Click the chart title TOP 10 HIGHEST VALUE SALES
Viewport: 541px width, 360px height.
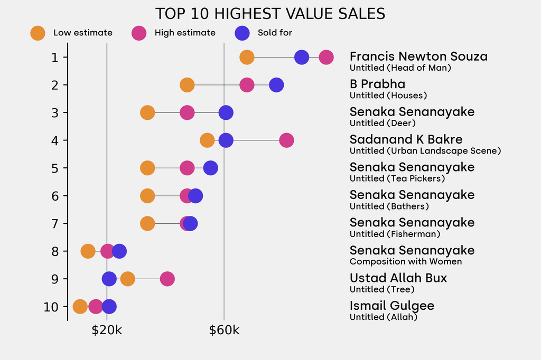point(270,14)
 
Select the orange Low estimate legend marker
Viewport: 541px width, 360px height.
point(38,33)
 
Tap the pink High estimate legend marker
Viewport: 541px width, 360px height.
point(139,33)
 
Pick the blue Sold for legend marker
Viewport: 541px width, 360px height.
point(241,33)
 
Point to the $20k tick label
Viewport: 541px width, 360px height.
point(107,331)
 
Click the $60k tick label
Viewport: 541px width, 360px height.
point(224,331)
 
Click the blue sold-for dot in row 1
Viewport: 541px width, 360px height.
point(302,57)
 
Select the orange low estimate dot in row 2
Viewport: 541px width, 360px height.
point(187,85)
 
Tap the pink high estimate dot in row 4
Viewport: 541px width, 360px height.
point(286,140)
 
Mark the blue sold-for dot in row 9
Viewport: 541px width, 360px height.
point(109,279)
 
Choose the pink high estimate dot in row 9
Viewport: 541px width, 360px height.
point(167,279)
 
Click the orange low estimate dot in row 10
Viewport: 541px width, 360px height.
point(80,307)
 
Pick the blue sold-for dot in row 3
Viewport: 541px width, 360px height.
point(226,112)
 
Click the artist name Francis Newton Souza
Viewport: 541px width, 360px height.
point(418,56)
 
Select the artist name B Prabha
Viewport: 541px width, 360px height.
point(377,84)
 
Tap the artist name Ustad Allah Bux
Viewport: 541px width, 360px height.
point(398,278)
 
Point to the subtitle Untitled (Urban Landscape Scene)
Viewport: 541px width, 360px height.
point(425,151)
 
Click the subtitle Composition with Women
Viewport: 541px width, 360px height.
point(406,262)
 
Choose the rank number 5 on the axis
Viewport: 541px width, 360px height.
point(55,168)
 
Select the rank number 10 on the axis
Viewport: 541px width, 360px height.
point(52,307)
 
